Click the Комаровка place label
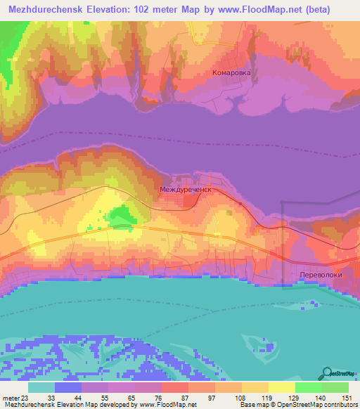click(x=231, y=72)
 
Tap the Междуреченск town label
click(x=186, y=189)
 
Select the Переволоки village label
click(x=321, y=275)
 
